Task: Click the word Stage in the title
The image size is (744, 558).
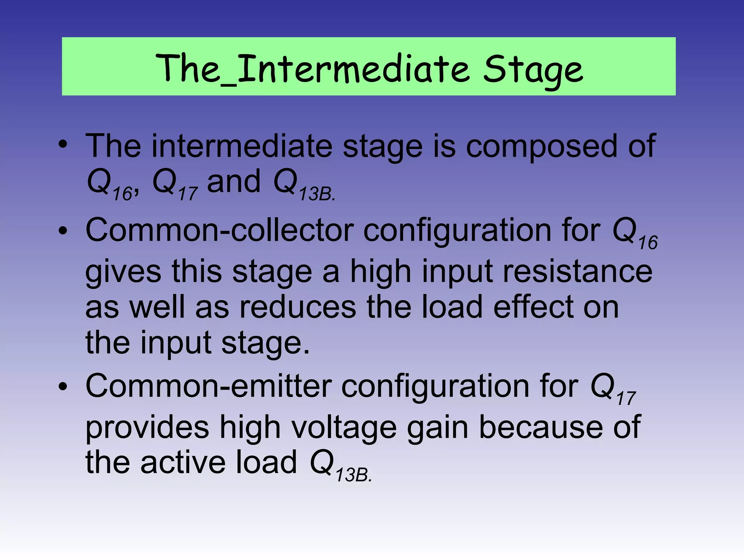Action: click(x=532, y=69)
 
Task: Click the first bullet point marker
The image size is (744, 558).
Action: click(x=63, y=145)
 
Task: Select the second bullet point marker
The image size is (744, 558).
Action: click(x=63, y=231)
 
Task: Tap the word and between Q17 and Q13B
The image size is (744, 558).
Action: click(x=234, y=182)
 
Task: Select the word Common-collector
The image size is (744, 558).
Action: click(x=219, y=230)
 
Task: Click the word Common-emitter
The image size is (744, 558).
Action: click(x=208, y=386)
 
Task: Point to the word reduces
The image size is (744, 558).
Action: click(x=298, y=307)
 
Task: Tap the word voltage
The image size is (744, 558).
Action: click(x=344, y=428)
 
